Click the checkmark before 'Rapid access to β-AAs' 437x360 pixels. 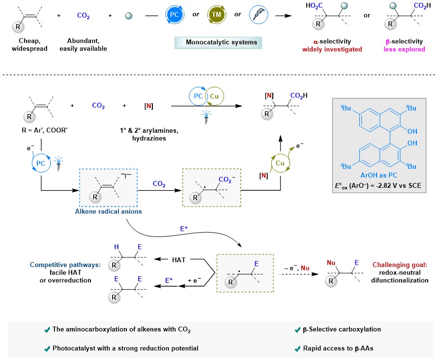click(x=297, y=348)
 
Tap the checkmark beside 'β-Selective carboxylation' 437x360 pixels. click(x=297, y=330)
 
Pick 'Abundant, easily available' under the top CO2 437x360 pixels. click(x=83, y=45)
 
